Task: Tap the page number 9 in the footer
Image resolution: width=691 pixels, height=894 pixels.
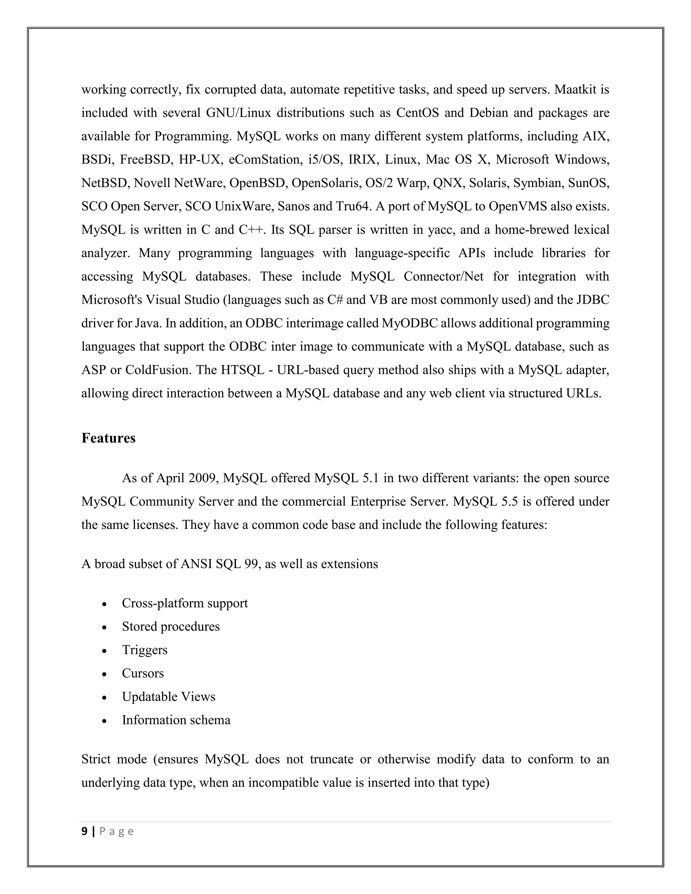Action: [84, 831]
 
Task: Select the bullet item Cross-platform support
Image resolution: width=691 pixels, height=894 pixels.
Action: [185, 603]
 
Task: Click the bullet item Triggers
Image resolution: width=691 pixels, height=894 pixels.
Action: [144, 650]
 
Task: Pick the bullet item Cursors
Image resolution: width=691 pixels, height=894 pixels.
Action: [142, 673]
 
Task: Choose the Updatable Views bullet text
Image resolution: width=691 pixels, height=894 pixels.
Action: [168, 696]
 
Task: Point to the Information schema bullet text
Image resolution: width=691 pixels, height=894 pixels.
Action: [176, 720]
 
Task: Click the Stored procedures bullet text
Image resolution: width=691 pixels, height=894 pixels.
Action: [171, 626]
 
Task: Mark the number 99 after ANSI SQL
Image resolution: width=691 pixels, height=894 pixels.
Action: [251, 564]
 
